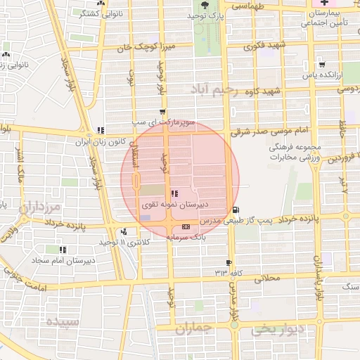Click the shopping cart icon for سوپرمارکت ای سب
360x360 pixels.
tap(163, 112)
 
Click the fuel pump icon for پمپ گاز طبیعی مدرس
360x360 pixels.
tap(234, 210)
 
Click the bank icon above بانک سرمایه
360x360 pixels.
tap(186, 227)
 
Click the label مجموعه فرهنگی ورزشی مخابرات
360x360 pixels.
tap(295, 153)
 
